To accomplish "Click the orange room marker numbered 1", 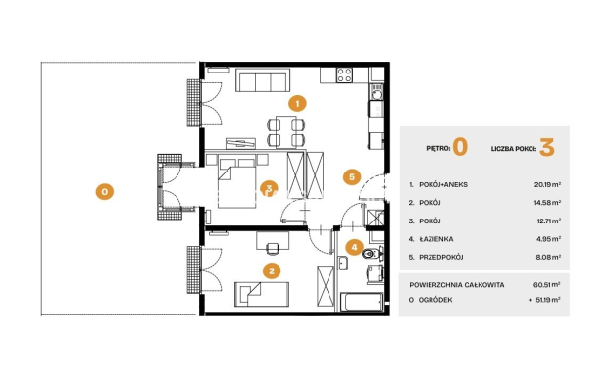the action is [297, 104].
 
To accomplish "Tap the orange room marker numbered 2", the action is [272, 270].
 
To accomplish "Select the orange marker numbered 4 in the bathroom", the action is [354, 247].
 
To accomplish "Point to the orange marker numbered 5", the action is [352, 177].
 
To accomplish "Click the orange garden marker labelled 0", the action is [105, 191].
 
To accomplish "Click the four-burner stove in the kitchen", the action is [344, 74].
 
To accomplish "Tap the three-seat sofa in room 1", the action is [263, 80].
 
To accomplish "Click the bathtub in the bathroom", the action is [362, 302].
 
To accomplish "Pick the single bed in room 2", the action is [262, 294].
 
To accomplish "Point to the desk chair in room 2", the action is [273, 248].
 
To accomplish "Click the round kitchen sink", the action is [377, 94].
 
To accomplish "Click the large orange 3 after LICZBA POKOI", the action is [547, 148].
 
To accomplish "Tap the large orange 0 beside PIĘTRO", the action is [460, 148].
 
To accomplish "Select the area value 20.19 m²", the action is [547, 184].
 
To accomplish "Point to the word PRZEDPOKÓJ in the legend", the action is [441, 257].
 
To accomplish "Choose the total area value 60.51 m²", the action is [547, 285].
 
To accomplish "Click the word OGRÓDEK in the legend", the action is [435, 300].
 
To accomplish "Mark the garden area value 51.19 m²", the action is [548, 300].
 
